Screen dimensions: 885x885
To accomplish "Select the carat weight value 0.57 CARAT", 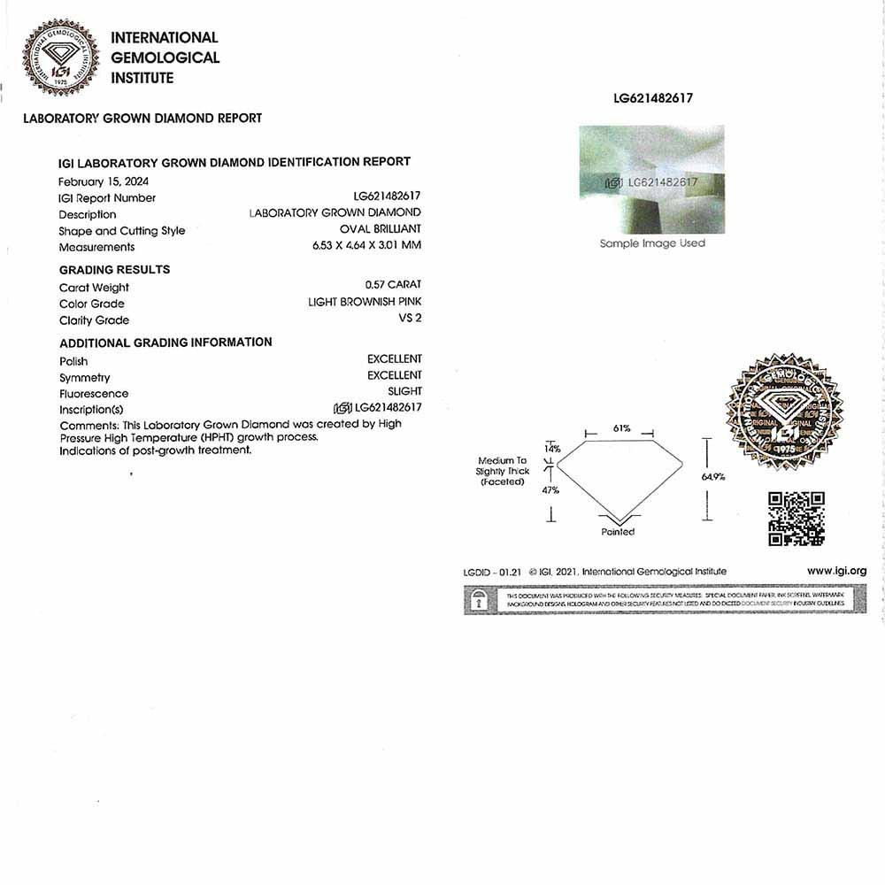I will pyautogui.click(x=393, y=285).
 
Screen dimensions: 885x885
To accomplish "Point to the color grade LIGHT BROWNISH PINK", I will pyautogui.click(x=365, y=302).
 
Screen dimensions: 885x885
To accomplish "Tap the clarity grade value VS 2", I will pyautogui.click(x=410, y=318).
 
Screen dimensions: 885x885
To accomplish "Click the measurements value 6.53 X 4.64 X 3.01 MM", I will pyautogui.click(x=361, y=245).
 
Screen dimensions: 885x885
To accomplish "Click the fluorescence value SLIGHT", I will pyautogui.click(x=404, y=391).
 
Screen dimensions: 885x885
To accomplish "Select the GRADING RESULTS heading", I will pyautogui.click(x=114, y=270).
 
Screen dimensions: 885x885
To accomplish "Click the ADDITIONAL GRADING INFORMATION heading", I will pyautogui.click(x=165, y=342).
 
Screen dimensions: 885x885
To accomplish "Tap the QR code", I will pyautogui.click(x=796, y=519).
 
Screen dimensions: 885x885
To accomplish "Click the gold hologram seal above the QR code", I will pyautogui.click(x=783, y=412).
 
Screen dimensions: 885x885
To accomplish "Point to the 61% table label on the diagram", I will pyautogui.click(x=621, y=428).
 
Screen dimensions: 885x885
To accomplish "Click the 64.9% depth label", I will pyautogui.click(x=713, y=477).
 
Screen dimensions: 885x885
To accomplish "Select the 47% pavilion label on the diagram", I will pyautogui.click(x=550, y=489).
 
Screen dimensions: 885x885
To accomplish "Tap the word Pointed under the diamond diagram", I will pyautogui.click(x=618, y=532).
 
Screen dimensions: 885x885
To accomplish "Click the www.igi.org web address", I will pyautogui.click(x=836, y=571).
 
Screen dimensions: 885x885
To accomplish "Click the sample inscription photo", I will pyautogui.click(x=651, y=180).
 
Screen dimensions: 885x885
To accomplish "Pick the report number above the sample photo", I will pyautogui.click(x=653, y=98).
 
